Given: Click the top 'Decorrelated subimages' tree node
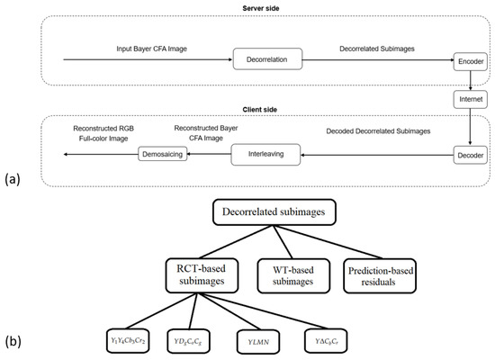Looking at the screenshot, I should point(281,213).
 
